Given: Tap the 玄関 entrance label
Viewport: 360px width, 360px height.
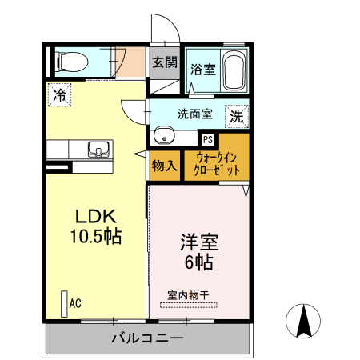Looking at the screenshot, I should pyautogui.click(x=165, y=62).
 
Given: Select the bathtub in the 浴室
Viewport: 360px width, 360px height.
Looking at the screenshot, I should pyautogui.click(x=233, y=70).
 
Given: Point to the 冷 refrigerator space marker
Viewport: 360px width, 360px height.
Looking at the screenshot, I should pyautogui.click(x=58, y=95).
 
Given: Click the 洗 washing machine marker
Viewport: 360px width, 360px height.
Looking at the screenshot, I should pyautogui.click(x=238, y=115).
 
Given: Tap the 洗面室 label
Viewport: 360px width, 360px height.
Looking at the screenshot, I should pyautogui.click(x=194, y=114).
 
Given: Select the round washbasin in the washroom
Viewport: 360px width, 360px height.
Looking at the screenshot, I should pyautogui.click(x=163, y=134).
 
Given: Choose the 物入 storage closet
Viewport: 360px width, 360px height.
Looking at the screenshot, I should pyautogui.click(x=163, y=166).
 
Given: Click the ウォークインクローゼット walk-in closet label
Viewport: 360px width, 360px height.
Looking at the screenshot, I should pyautogui.click(x=217, y=165).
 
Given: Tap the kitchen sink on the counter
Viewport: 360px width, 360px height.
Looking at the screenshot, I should pyautogui.click(x=97, y=149).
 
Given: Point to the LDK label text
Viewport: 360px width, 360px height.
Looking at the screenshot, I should pyautogui.click(x=97, y=217).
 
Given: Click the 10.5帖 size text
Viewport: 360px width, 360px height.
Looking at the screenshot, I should pyautogui.click(x=97, y=238).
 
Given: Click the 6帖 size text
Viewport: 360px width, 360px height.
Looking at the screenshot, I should pyautogui.click(x=199, y=262).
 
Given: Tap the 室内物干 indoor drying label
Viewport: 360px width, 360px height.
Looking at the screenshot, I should pyautogui.click(x=188, y=295).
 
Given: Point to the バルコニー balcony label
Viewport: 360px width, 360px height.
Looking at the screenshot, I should pyautogui.click(x=147, y=338).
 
